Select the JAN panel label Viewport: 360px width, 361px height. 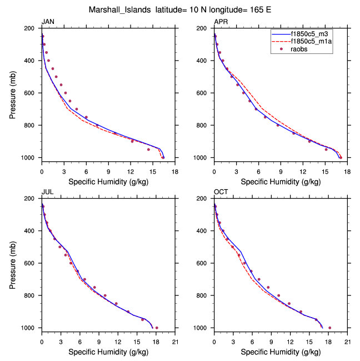(48, 22)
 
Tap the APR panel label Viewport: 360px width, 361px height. (221, 22)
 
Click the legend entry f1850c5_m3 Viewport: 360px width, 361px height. (313, 34)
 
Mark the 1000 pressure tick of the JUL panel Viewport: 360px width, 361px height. (30, 328)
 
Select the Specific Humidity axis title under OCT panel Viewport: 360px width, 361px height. (281, 352)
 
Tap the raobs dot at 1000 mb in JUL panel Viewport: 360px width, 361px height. (157, 328)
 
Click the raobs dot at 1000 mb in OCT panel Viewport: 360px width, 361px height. (329, 328)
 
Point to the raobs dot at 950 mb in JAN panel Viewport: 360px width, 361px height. (148, 150)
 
